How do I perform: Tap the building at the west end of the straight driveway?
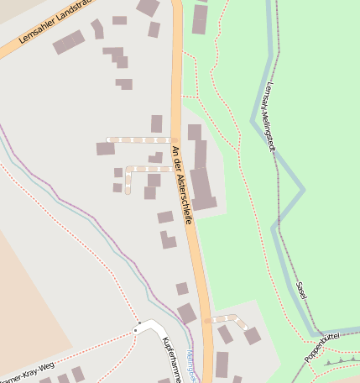click(x=105, y=149)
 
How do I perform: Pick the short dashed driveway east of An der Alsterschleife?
click(x=225, y=318)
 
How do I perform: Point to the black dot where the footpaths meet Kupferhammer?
click(x=135, y=331)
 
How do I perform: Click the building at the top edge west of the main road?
click(x=149, y=8)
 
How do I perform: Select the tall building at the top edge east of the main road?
click(x=200, y=18)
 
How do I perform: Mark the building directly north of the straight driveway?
click(x=156, y=123)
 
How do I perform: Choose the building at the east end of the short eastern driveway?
click(x=252, y=336)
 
